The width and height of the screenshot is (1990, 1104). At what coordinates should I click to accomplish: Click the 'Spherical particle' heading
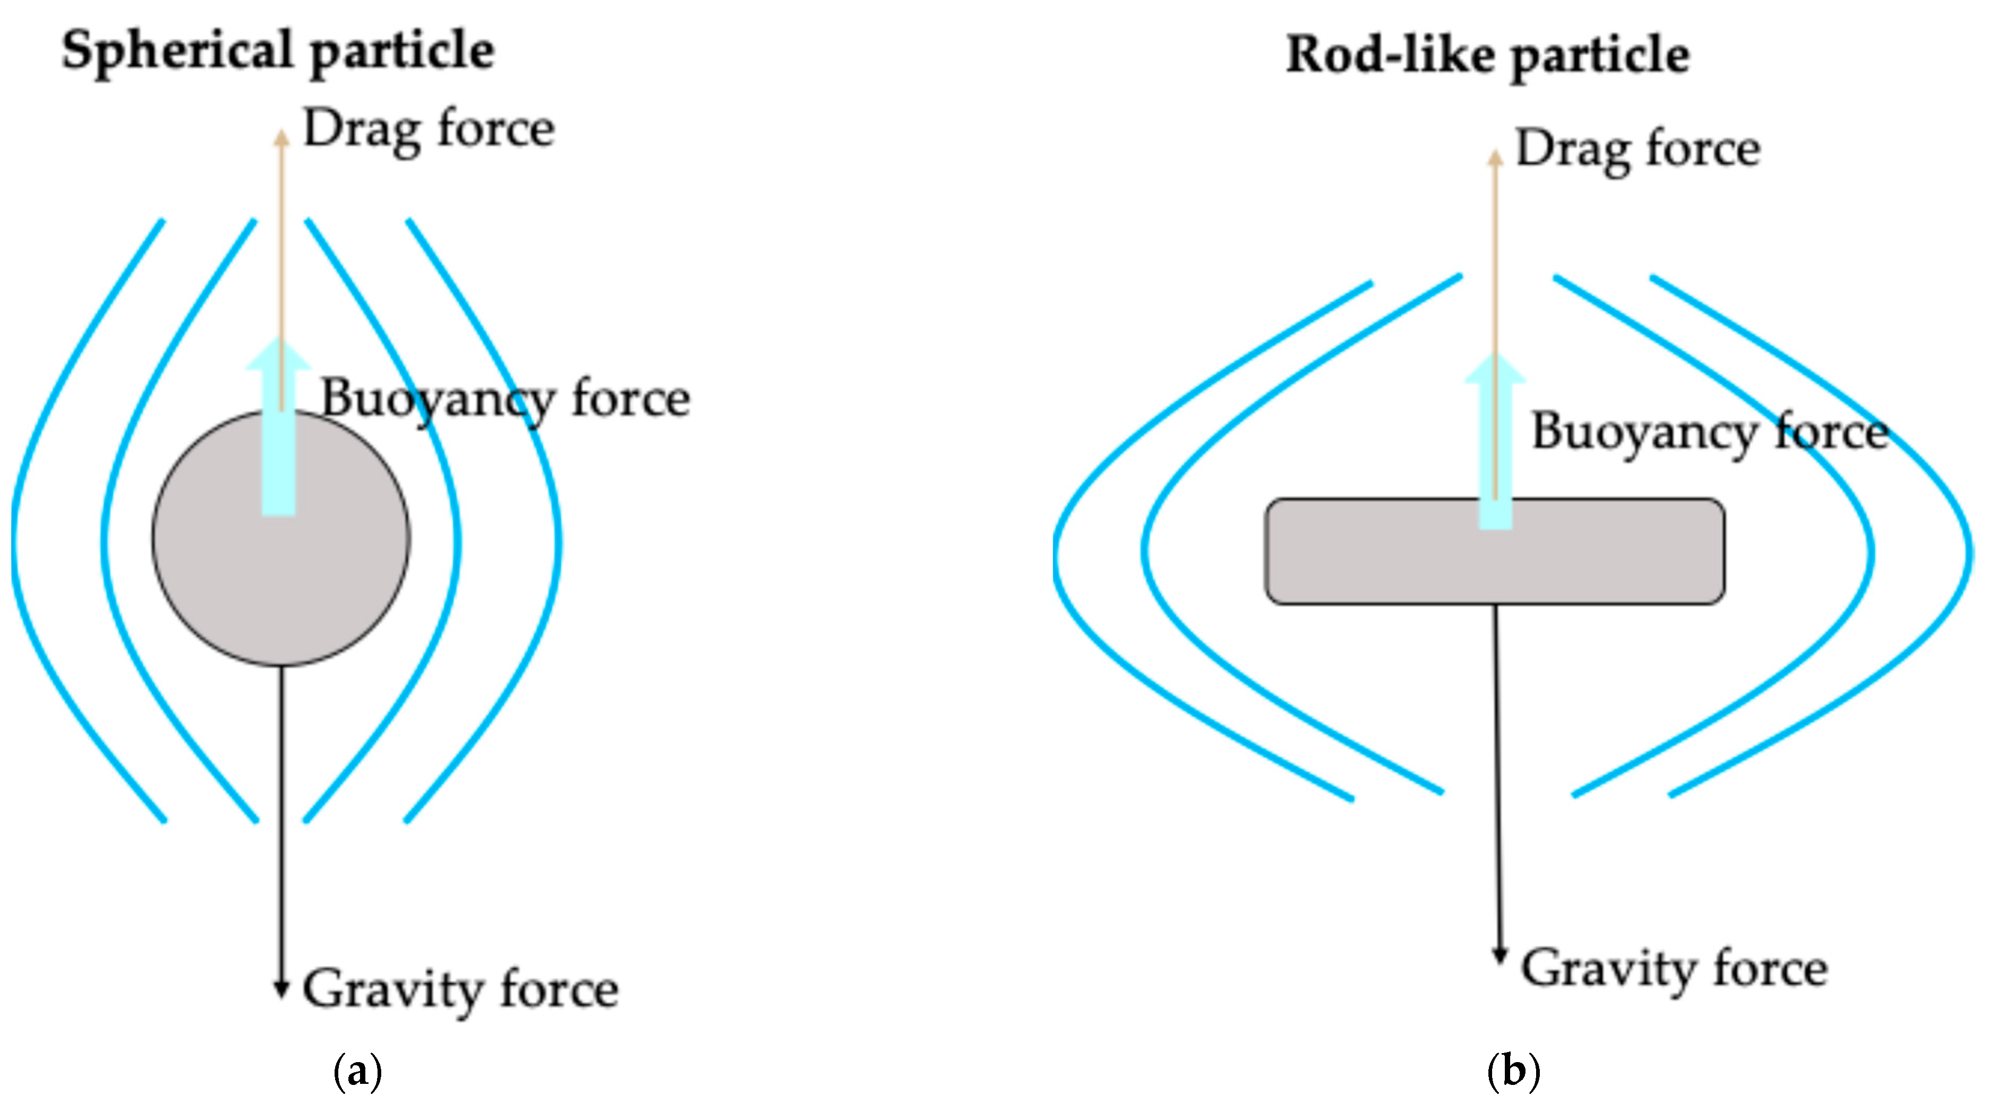click(x=278, y=51)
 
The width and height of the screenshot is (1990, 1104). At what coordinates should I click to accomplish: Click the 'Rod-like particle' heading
click(x=1487, y=56)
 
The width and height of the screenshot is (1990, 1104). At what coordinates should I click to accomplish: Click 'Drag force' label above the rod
click(x=1638, y=148)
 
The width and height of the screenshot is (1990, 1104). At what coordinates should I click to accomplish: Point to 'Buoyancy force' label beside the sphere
click(x=505, y=399)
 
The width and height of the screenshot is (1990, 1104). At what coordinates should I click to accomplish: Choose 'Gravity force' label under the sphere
click(x=460, y=989)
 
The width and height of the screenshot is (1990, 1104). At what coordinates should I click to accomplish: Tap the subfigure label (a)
click(x=357, y=1072)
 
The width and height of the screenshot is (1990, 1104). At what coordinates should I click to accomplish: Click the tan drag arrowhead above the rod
click(x=1496, y=157)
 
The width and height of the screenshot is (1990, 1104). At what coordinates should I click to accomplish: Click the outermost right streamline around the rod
click(x=1968, y=553)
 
